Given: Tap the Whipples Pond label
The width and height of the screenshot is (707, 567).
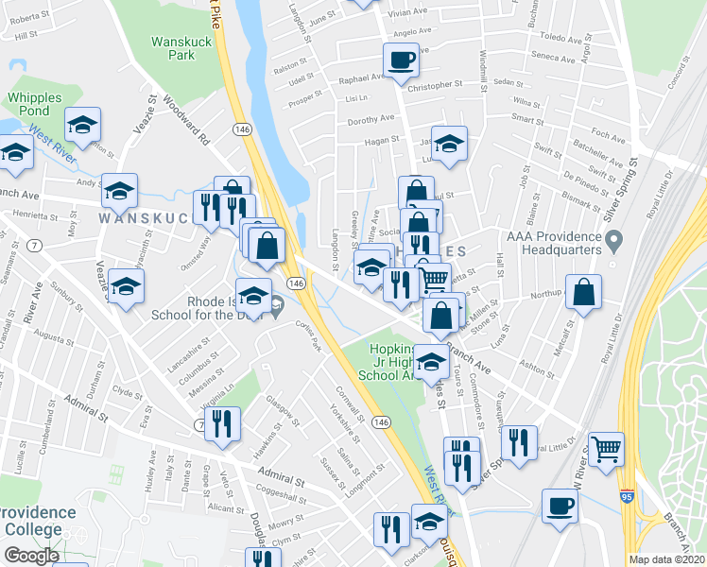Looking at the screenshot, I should [34, 105].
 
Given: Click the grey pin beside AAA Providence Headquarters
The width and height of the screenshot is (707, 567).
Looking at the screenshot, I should [613, 243].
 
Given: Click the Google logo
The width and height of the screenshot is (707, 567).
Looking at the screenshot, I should [30, 556].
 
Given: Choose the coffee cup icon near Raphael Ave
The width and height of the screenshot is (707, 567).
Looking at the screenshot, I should [401, 60].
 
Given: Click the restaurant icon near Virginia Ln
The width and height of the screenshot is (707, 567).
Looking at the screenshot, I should [221, 424].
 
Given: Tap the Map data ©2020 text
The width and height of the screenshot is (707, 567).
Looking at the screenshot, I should [667, 559].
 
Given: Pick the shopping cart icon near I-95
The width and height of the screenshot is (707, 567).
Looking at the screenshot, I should [606, 448].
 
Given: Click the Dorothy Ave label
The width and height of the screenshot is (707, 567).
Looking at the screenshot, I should [371, 120].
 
